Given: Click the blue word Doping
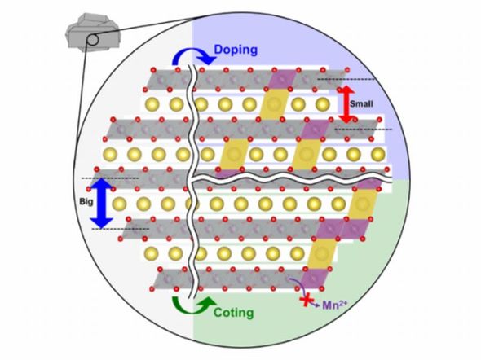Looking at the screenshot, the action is click(236, 50).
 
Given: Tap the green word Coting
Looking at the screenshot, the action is click(233, 313).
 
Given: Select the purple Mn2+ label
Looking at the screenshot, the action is click(335, 305).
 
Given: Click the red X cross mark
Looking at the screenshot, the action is click(306, 301).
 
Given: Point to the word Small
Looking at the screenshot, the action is click(361, 103).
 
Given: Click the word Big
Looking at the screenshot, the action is click(86, 202).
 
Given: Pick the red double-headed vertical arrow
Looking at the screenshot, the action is click(346, 104).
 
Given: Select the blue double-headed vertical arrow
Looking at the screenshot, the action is click(102, 203).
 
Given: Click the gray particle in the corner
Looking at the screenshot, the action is click(93, 32).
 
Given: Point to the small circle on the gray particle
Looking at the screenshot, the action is click(93, 40).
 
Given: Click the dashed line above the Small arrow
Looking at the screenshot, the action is click(346, 79).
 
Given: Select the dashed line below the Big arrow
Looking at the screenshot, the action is click(121, 229).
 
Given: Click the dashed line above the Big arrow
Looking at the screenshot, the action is click(110, 178).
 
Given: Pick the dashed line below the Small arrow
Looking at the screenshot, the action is click(364, 130).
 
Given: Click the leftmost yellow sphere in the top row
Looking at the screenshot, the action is click(152, 104).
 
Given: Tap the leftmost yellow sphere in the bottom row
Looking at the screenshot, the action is click(152, 253).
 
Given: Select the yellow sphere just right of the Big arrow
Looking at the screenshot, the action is click(119, 204).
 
